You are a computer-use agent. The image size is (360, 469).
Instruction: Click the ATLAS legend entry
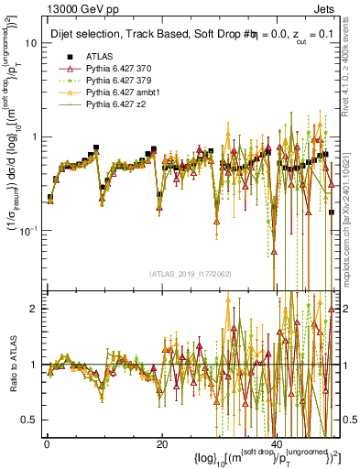pyautogui.click(x=100, y=56)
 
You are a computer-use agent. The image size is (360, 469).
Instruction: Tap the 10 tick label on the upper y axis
pyautogui.click(x=30, y=43)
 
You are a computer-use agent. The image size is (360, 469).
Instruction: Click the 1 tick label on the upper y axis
pyautogui.click(x=33, y=136)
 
